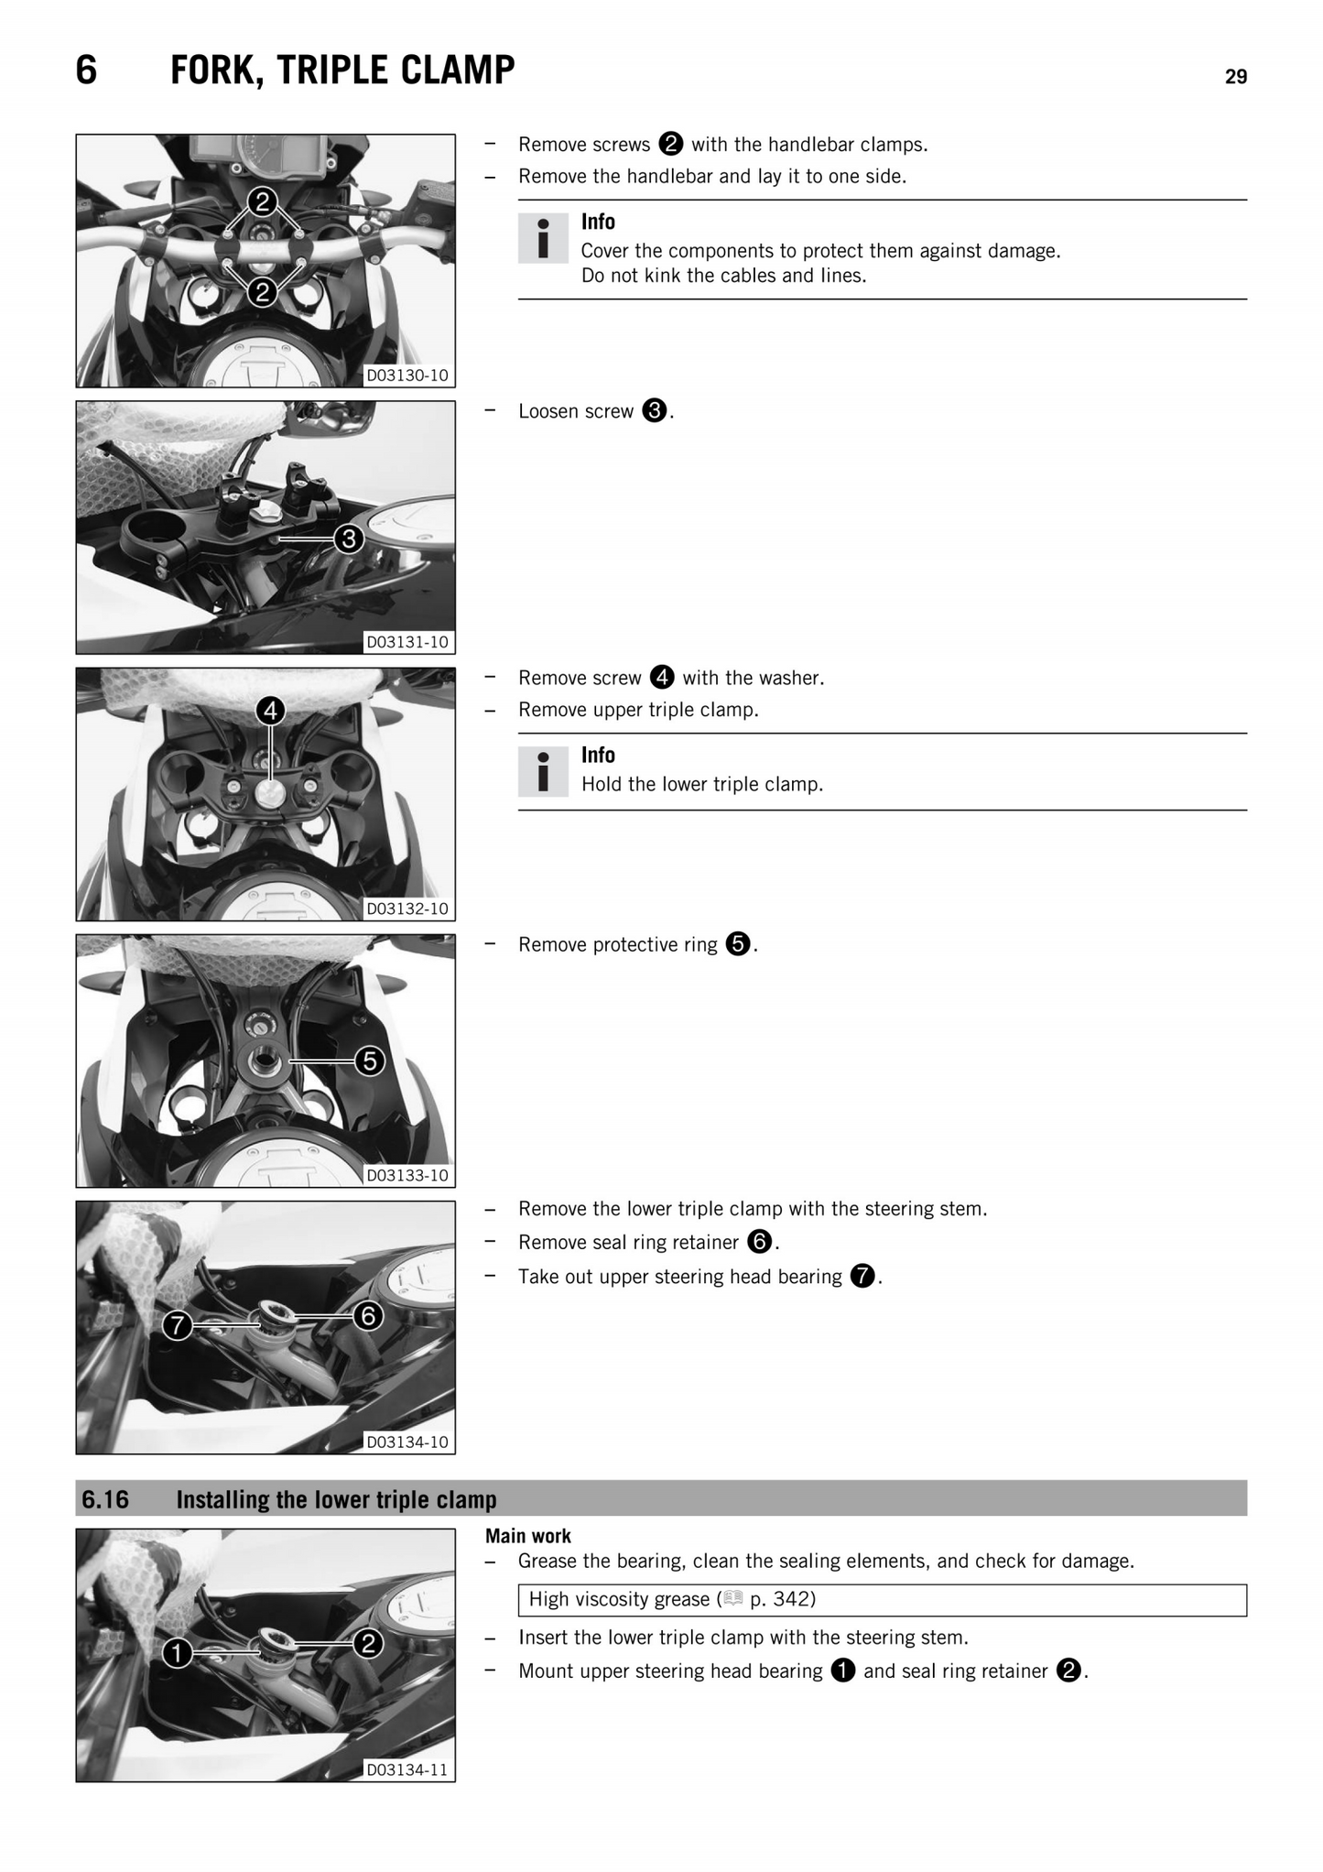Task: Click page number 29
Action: [x=1235, y=77]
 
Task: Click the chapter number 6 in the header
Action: [x=86, y=71]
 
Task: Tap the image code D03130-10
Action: [x=407, y=375]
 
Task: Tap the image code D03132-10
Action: [x=407, y=909]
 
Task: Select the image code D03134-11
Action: [x=407, y=1769]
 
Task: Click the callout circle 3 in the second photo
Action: [x=348, y=539]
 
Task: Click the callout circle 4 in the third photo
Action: [x=270, y=710]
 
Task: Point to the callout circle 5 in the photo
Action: [x=369, y=1061]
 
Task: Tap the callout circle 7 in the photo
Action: [x=178, y=1324]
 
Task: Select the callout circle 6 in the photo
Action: [x=368, y=1316]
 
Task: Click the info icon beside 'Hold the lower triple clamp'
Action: [x=543, y=771]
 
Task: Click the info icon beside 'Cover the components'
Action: [x=543, y=238]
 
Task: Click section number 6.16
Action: [x=105, y=1499]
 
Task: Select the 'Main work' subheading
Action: [x=528, y=1536]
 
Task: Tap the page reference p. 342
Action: [x=781, y=1599]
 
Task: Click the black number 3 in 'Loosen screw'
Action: [x=654, y=410]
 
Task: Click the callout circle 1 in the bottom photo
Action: [x=178, y=1652]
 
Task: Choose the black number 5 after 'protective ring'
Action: [x=738, y=943]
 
